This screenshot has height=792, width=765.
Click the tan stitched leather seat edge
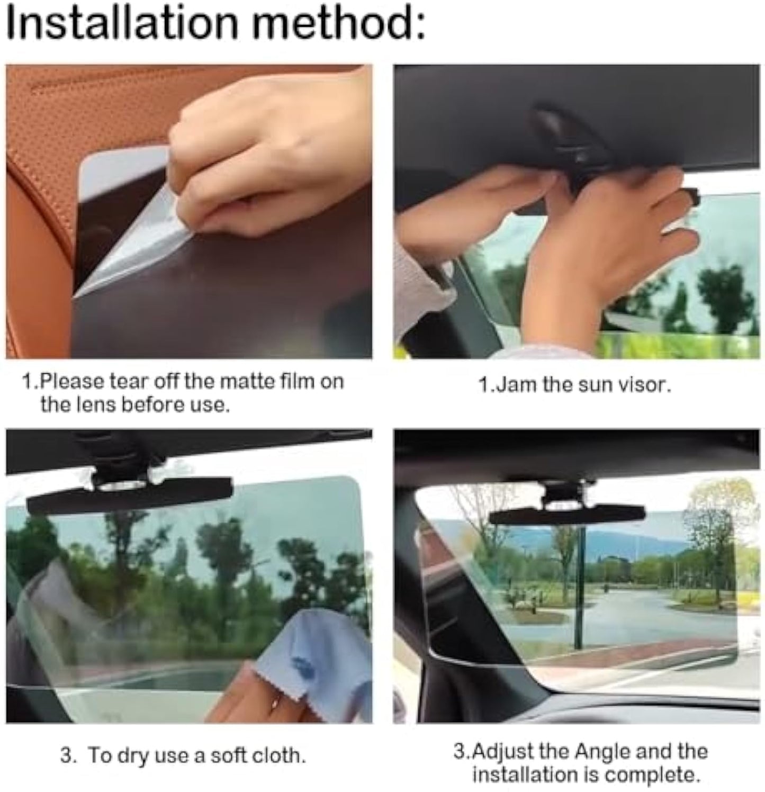pyautogui.click(x=37, y=212)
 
